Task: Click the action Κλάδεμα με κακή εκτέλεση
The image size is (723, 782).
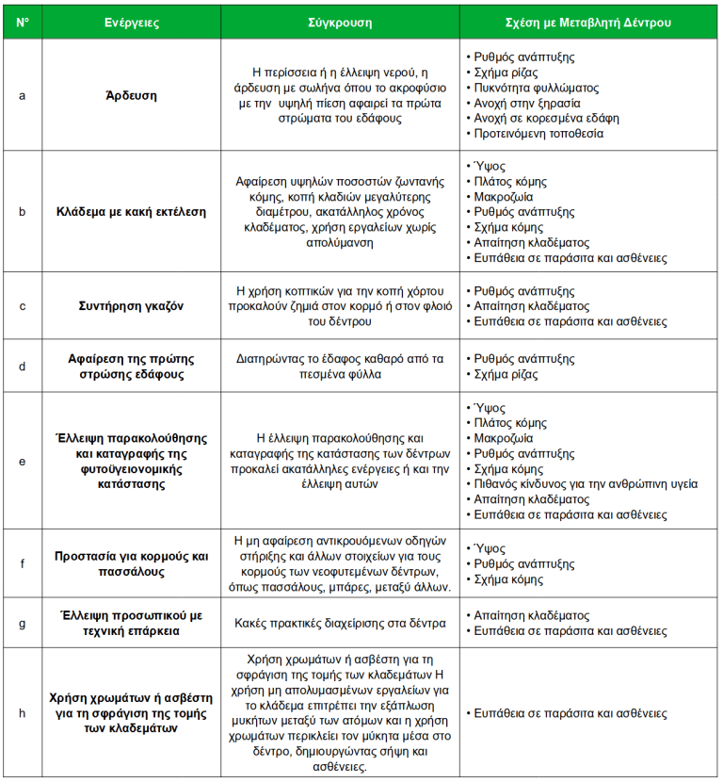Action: pos(130,212)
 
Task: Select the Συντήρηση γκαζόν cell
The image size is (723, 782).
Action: pos(130,306)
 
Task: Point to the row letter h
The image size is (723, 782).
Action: pos(22,712)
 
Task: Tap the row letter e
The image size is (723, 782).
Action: pos(22,462)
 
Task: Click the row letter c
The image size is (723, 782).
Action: pos(22,306)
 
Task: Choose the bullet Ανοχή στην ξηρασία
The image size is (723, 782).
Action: pos(527,103)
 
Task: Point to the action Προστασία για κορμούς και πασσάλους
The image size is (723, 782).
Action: pos(130,563)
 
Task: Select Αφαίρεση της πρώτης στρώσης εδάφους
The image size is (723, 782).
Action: pos(130,367)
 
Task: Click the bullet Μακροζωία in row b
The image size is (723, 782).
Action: pos(503,197)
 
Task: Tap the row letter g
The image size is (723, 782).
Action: pos(22,622)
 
